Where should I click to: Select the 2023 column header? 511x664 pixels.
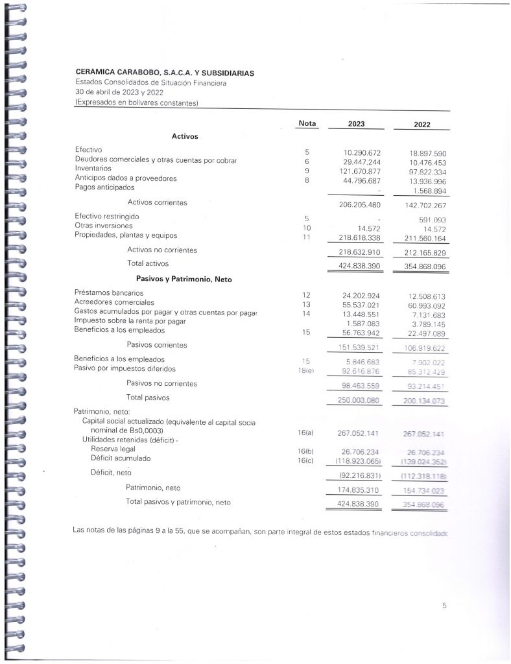pos(356,124)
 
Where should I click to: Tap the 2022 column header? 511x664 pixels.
pos(422,125)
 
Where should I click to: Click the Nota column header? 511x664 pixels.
pos(307,123)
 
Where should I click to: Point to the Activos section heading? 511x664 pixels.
pos(185,136)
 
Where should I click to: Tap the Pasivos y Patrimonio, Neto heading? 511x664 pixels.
pos(184,279)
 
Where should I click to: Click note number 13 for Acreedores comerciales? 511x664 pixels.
pos(307,303)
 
